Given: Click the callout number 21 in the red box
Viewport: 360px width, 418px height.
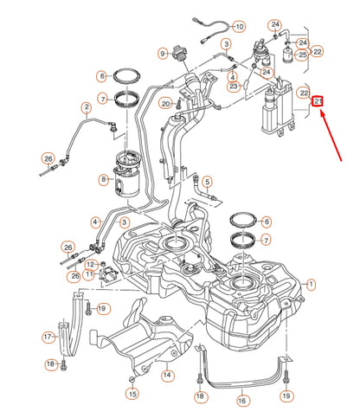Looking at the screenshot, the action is point(318,101).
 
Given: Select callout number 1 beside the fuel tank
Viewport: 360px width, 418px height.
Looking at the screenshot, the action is point(311,285).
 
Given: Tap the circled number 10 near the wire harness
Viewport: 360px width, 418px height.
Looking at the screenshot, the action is point(240,27).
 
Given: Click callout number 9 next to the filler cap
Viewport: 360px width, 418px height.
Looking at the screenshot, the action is point(163,54).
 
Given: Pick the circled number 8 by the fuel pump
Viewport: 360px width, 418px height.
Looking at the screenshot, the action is point(104,180).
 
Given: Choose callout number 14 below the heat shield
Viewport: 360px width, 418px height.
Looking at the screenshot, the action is point(167,375).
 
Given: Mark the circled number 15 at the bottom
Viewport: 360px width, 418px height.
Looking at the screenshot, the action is point(132,394).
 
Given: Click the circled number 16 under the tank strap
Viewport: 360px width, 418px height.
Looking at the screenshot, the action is point(242,401).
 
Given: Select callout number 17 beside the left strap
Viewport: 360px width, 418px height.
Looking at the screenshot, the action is point(48,337).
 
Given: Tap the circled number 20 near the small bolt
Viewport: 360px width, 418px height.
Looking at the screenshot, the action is point(165,104).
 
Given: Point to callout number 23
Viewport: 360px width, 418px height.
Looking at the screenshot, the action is point(233,86).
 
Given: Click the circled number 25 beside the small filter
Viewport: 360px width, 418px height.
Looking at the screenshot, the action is point(302,55).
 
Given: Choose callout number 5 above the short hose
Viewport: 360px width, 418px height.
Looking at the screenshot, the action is point(207,182).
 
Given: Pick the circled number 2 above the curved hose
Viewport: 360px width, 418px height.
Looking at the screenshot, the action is point(87,108).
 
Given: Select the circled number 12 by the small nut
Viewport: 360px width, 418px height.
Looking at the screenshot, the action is point(91,265).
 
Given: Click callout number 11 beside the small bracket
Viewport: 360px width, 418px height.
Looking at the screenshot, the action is point(89,273).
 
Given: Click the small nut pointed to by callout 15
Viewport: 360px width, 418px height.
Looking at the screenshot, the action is point(132,379).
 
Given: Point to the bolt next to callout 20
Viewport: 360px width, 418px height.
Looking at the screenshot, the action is point(178,103).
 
